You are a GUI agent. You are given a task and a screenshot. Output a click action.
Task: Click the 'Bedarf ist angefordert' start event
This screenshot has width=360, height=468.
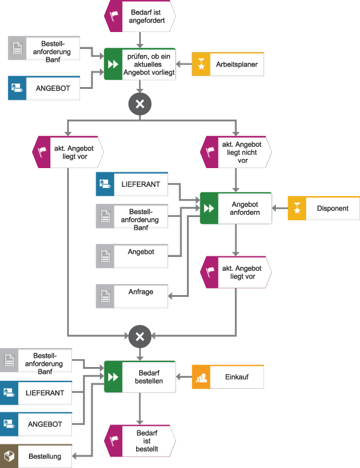tap(140, 16)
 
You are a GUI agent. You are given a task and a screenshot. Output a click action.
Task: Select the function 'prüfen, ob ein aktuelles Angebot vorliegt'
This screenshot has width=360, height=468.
tap(140, 64)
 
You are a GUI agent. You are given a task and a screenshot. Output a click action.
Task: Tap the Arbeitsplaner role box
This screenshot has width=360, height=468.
tap(228, 63)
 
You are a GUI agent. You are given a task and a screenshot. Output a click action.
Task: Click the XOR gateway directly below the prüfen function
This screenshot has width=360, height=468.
tap(140, 104)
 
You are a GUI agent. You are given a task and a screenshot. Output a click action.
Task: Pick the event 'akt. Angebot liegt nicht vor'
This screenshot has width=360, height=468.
tap(236, 152)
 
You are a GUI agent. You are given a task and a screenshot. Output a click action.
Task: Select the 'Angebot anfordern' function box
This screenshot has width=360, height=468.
tap(236, 208)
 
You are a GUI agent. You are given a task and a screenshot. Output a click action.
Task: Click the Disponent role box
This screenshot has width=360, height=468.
tap(323, 208)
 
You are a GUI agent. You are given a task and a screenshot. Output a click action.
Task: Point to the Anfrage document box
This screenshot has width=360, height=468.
tap(132, 296)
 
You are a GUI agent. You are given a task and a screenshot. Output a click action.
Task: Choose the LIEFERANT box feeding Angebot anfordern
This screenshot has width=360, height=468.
tap(132, 184)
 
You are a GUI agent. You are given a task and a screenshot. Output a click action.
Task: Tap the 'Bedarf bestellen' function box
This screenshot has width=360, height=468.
tap(140, 377)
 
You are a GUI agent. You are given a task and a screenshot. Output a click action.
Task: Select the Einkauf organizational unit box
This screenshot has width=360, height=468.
tap(228, 377)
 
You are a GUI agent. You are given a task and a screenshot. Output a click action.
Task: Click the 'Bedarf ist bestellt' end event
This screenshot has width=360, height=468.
tap(140, 440)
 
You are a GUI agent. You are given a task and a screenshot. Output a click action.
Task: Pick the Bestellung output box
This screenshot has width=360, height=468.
tap(36, 456)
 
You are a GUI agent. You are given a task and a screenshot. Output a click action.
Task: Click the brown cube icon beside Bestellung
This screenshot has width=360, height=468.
tap(9, 456)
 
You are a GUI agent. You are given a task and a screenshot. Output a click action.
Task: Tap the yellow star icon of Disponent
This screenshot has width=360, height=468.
tap(296, 208)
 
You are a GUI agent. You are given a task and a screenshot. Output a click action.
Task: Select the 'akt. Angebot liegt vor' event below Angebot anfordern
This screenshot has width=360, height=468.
tap(236, 272)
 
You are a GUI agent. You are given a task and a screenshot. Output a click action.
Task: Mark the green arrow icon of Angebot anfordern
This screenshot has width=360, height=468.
tap(209, 208)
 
